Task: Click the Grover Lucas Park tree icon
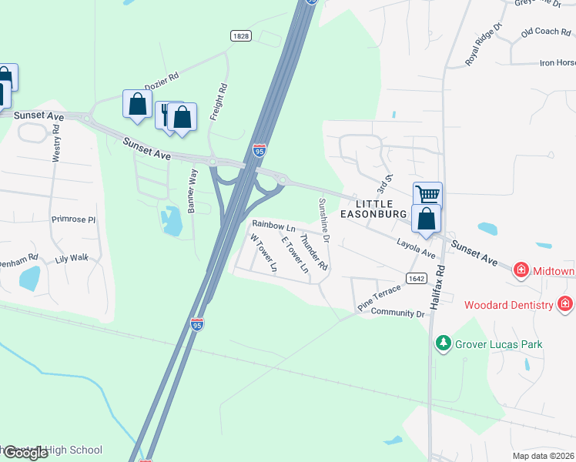443,343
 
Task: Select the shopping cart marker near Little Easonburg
427,195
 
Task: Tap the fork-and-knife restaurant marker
167,115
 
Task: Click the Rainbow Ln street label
273,226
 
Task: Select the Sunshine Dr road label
324,220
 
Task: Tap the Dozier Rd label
163,77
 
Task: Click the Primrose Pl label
72,219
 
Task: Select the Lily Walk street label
72,259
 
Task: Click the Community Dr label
397,313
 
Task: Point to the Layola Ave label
416,244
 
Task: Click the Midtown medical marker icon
521,269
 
